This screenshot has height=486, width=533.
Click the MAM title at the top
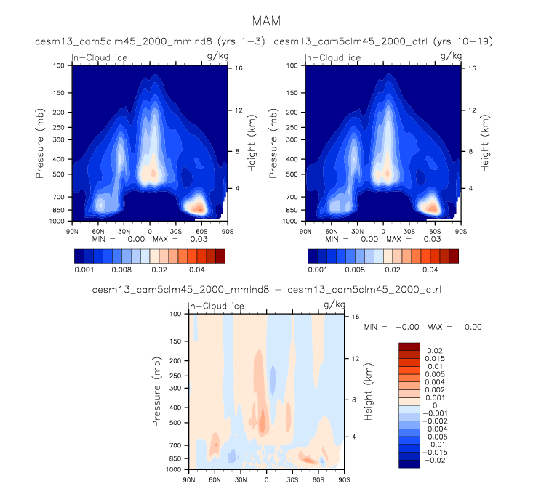(266, 21)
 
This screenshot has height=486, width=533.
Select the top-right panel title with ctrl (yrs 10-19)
(382, 41)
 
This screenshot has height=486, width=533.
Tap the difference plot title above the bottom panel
(267, 290)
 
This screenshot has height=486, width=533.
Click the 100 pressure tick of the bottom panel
(176, 315)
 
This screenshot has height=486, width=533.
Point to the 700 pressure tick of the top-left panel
(59, 197)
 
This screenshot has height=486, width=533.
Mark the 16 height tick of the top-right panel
(470, 68)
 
